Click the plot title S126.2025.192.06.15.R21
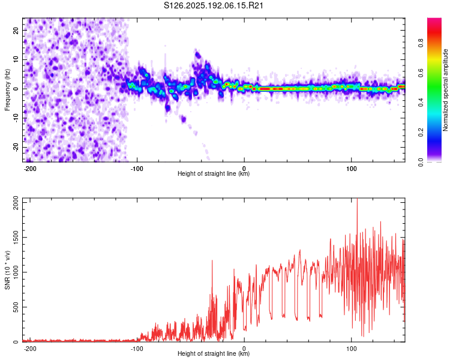(x=214, y=5)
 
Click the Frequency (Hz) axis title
(x=7, y=90)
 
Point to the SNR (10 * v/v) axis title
(x=7, y=270)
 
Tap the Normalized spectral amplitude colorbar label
(x=445, y=90)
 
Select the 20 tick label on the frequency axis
(x=16, y=30)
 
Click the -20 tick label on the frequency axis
(x=16, y=148)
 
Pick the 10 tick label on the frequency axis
(x=16, y=59)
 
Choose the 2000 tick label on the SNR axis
(x=16, y=203)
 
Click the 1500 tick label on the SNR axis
(x=16, y=238)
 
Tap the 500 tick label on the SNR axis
(x=16, y=307)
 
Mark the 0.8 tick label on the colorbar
(x=421, y=43)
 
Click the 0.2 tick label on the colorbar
(x=421, y=133)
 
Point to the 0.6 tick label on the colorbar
(x=421, y=73)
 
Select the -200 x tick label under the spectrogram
(x=29, y=169)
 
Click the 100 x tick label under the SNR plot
(x=351, y=349)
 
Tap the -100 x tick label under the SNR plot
(x=137, y=349)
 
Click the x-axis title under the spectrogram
(x=214, y=173)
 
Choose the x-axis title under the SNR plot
(x=214, y=353)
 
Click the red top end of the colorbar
(x=434, y=19)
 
